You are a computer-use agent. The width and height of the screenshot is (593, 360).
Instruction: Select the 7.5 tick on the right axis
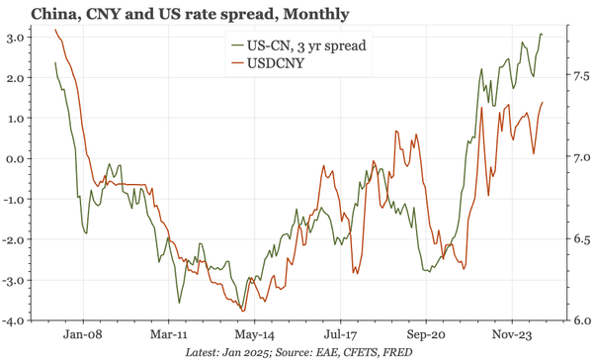tap(578, 75)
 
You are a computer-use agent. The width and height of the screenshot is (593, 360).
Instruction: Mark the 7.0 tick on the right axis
tap(578, 157)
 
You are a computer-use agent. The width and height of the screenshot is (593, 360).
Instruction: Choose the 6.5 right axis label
tap(578, 239)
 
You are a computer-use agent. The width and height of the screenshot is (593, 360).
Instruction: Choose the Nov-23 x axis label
tap(511, 335)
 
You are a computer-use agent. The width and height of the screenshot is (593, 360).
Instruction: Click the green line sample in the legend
tap(237, 45)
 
